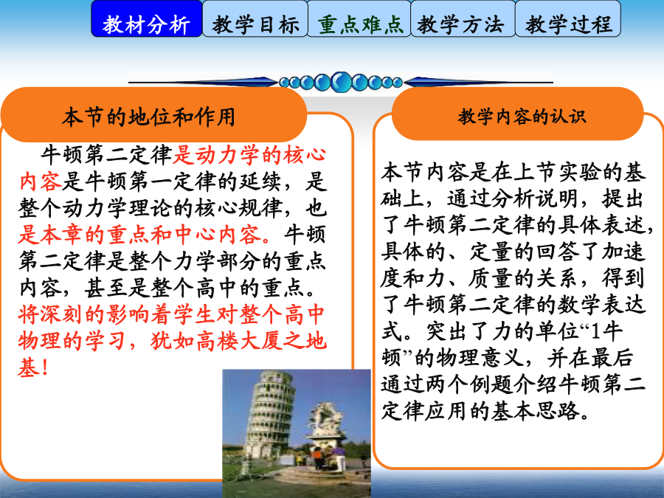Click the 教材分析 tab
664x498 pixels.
pos(147,19)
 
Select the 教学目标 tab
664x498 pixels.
pos(255,19)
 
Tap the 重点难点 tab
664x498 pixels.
pos(359,19)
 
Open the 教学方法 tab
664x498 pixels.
pos(463,19)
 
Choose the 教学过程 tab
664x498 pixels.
pos(568,19)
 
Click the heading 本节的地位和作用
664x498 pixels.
pos(148,117)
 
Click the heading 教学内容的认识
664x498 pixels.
pos(522,116)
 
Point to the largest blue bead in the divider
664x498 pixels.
pos(341,82)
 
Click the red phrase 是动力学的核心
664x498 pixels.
pos(249,155)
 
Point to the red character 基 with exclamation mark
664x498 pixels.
pos(33,367)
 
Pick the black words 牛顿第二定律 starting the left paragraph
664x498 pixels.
pos(106,155)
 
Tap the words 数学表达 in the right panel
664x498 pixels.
pos(601,305)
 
